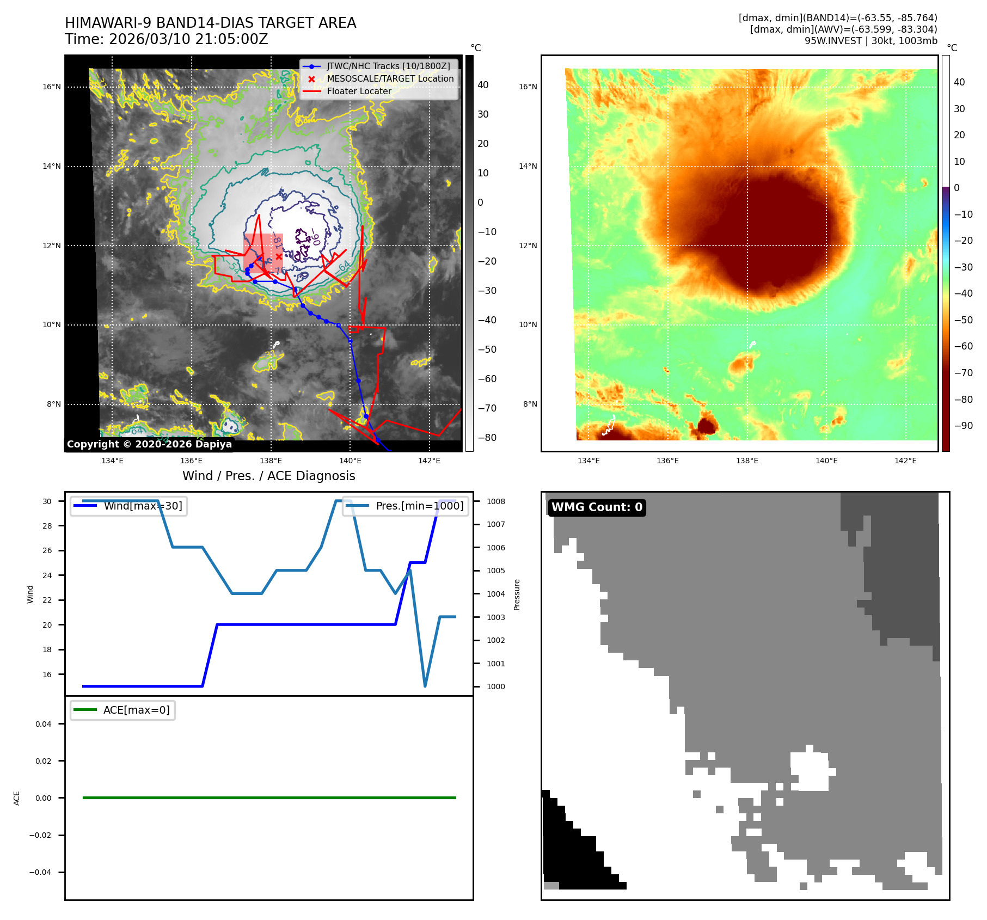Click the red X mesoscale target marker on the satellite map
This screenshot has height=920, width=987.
pyautogui.click(x=279, y=256)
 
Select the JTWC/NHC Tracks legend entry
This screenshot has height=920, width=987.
pyautogui.click(x=388, y=66)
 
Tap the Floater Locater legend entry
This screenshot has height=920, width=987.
pyautogui.click(x=359, y=91)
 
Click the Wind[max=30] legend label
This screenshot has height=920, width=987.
pyautogui.click(x=143, y=506)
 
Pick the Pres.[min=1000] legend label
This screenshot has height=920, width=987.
pyautogui.click(x=419, y=506)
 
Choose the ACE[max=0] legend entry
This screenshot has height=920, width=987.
pyautogui.click(x=136, y=710)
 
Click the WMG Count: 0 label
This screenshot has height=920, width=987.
pyautogui.click(x=597, y=507)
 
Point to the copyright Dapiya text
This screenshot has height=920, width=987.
pyautogui.click(x=149, y=444)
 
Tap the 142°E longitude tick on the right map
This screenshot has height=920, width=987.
pyautogui.click(x=905, y=461)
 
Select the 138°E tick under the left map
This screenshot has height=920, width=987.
pyautogui.click(x=271, y=461)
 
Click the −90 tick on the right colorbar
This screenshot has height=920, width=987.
pyautogui.click(x=963, y=426)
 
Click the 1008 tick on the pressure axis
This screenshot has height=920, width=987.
pyautogui.click(x=495, y=501)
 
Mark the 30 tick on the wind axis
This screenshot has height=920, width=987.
pyautogui.click(x=47, y=501)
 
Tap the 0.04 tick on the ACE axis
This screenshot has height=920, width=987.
pyautogui.click(x=44, y=724)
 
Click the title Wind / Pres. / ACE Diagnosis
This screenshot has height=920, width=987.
pyautogui.click(x=268, y=476)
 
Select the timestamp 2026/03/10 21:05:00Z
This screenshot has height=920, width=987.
pyautogui.click(x=188, y=39)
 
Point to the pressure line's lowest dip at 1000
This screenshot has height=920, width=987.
pyautogui.click(x=425, y=686)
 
